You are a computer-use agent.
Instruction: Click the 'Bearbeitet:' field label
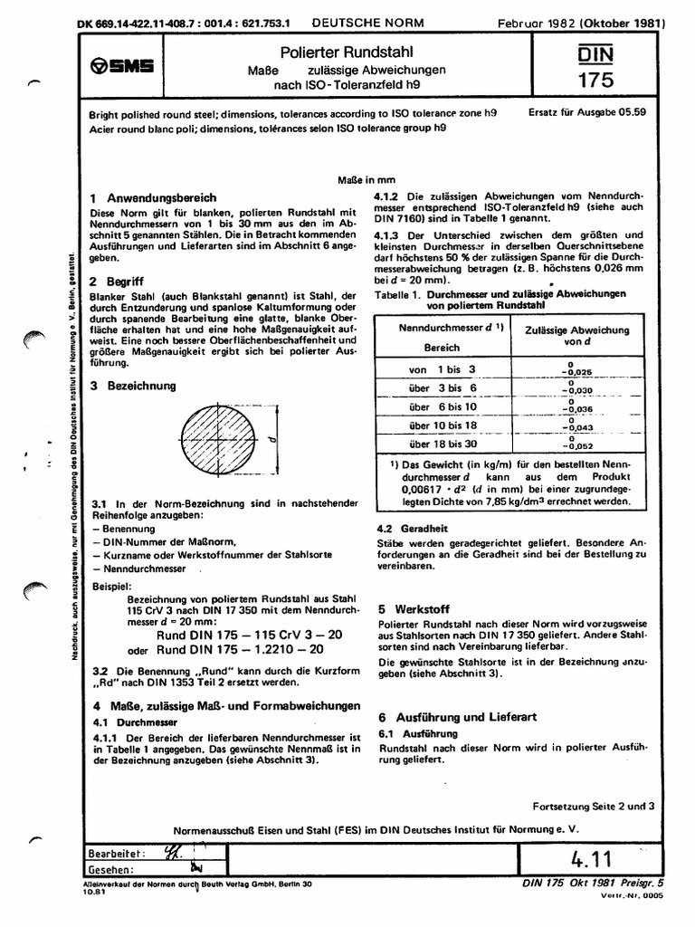[x=114, y=854]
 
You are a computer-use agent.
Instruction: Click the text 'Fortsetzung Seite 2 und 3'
[x=593, y=804]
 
